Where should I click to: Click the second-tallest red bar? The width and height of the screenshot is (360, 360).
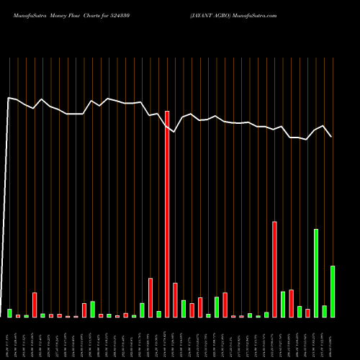(x=274, y=269)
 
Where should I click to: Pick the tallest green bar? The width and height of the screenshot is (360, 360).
(x=316, y=273)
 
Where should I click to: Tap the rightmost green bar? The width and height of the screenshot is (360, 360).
(x=333, y=292)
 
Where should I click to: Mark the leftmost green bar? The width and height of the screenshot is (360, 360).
(x=9, y=313)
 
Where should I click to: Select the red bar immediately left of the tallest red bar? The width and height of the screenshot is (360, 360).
(x=150, y=297)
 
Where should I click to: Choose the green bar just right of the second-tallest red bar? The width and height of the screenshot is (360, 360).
(x=283, y=305)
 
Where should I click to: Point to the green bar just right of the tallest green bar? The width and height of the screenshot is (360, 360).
(x=324, y=311)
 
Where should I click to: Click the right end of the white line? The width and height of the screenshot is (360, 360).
(x=331, y=136)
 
